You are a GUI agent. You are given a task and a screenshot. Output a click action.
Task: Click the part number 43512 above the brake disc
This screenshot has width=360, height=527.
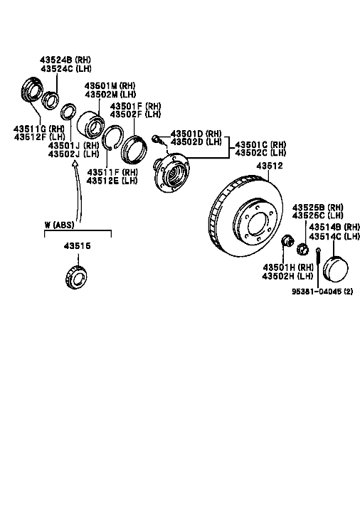(270, 166)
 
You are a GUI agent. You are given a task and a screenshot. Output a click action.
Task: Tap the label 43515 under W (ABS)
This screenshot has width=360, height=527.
(78, 246)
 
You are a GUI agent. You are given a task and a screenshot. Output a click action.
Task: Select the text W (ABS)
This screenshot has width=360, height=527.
(59, 225)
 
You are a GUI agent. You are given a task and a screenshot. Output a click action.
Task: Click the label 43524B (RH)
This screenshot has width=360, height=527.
(65, 60)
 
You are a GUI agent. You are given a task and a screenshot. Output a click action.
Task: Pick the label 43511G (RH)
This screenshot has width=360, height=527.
(39, 129)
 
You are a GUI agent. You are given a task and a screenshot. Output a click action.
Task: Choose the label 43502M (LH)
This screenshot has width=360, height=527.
(110, 95)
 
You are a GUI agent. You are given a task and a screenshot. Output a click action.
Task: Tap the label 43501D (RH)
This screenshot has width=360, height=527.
(196, 134)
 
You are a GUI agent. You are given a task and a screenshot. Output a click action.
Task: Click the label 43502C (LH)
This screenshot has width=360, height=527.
(260, 153)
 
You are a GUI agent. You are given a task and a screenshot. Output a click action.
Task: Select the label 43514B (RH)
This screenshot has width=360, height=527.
(334, 227)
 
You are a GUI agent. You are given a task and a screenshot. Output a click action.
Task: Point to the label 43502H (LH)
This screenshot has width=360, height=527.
(287, 276)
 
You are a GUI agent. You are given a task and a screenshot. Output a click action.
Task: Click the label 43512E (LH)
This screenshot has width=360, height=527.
(112, 181)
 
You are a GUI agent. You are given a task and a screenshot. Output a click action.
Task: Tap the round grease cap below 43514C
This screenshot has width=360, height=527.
(336, 268)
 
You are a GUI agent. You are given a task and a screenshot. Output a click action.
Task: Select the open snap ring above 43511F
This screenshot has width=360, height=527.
(113, 137)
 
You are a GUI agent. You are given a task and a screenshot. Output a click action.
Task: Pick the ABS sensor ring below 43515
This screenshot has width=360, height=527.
(76, 277)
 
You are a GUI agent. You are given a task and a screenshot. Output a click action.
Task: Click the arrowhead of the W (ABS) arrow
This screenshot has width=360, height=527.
(75, 164)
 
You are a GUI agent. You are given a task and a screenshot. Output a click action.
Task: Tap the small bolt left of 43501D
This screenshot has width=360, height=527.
(156, 138)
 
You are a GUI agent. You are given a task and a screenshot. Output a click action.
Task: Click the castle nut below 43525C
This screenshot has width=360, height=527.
(302, 249)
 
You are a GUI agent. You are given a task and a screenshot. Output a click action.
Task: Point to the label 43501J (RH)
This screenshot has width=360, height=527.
(73, 146)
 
